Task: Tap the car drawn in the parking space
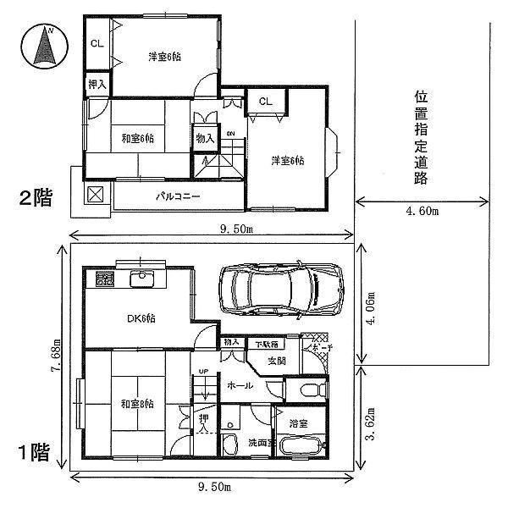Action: click(x=281, y=291)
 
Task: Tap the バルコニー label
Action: click(x=176, y=196)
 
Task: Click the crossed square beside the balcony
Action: click(x=96, y=195)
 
